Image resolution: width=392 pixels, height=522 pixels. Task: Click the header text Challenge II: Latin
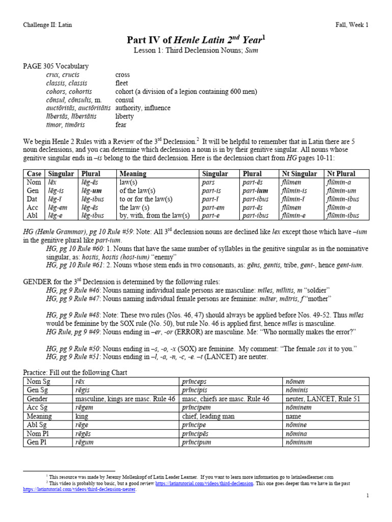point(50,24)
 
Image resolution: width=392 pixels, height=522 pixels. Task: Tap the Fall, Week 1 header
point(352,24)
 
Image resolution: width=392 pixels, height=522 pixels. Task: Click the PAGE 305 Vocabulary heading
point(56,66)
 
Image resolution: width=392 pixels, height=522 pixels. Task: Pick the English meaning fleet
point(121,83)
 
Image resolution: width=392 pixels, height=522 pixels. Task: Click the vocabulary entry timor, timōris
point(65,125)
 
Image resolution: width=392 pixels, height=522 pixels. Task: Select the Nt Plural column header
point(341,174)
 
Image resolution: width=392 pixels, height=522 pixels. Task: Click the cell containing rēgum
point(85,442)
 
